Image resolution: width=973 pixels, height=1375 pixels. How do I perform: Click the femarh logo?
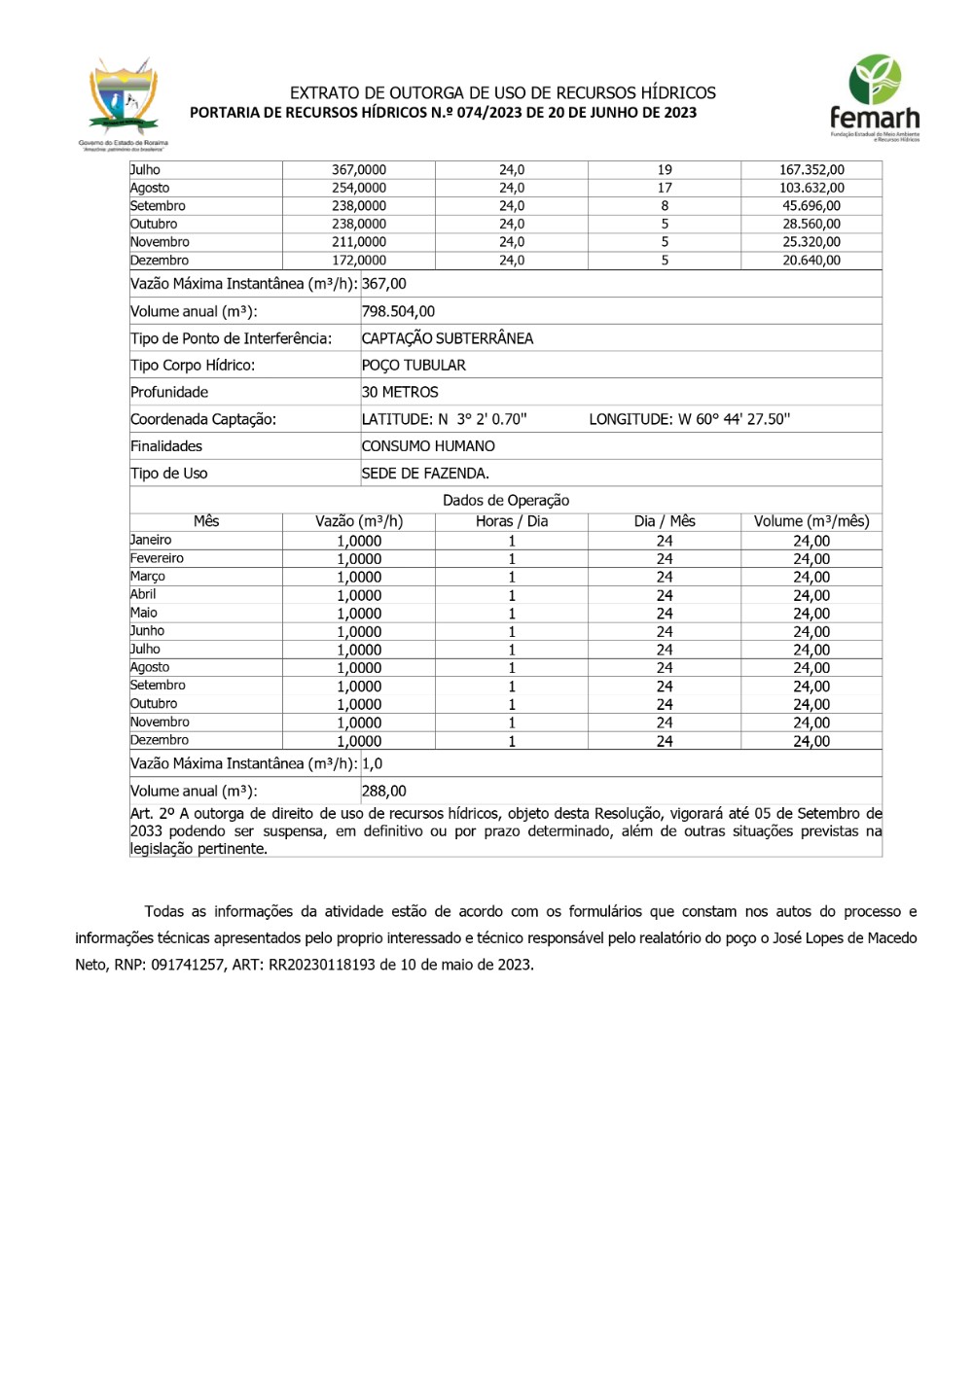(874, 98)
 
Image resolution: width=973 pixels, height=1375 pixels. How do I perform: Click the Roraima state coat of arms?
(123, 101)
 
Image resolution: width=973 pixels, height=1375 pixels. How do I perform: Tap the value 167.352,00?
(811, 170)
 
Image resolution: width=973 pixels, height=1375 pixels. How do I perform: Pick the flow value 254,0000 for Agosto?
(358, 188)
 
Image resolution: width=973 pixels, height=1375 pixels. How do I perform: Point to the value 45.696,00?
(811, 206)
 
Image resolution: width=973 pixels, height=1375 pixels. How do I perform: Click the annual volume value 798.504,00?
(398, 311)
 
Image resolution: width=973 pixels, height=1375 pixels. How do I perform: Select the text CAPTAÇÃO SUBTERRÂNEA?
(448, 338)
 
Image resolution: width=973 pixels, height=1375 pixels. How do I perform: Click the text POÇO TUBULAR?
(414, 366)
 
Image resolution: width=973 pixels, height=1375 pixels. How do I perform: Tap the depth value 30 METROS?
(400, 392)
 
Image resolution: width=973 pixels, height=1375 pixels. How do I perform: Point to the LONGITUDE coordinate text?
(689, 419)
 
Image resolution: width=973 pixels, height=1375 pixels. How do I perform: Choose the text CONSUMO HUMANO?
(428, 446)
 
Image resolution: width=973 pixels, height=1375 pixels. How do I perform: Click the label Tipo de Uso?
(169, 474)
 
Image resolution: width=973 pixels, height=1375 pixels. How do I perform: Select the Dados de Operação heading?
(506, 500)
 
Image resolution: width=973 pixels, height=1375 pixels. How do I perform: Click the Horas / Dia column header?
(512, 521)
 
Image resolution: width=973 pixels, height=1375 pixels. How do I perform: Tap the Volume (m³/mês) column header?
(811, 521)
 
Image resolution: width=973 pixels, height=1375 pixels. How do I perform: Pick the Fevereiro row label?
(158, 558)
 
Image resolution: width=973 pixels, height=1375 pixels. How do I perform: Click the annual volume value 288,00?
(384, 792)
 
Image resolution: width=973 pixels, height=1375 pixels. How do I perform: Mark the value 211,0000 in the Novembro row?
(358, 242)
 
